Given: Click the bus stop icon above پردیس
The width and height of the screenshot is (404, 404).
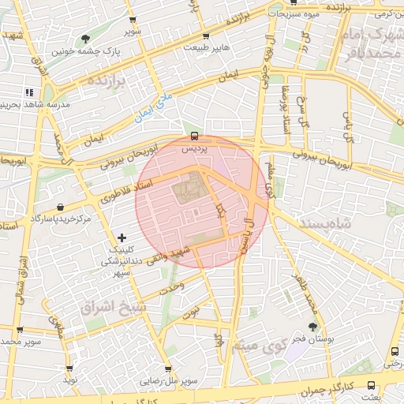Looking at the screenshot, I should click(x=195, y=135).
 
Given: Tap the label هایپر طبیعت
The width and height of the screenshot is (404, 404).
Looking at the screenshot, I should click(x=206, y=47).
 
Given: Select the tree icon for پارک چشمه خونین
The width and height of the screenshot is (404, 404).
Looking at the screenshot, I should click(x=84, y=39).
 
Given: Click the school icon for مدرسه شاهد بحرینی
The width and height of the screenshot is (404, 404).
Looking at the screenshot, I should click(x=29, y=92).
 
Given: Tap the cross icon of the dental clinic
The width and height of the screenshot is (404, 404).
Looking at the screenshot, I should click(x=122, y=237).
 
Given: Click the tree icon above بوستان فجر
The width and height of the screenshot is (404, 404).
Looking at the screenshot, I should click(x=312, y=326).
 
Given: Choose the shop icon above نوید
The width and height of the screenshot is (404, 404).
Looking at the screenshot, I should click(x=69, y=368).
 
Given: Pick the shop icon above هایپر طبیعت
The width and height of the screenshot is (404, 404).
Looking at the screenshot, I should click(x=206, y=36).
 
